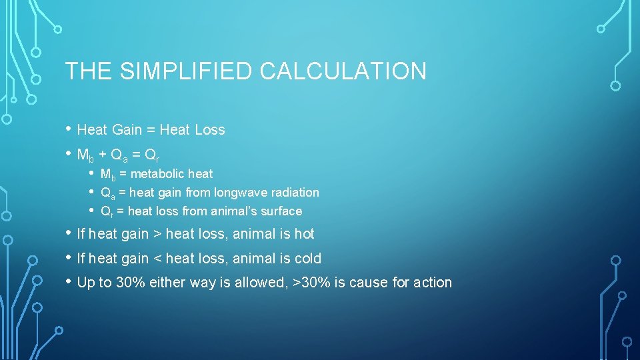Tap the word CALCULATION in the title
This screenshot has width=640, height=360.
pos(343,71)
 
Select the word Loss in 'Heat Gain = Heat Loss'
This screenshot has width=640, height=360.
pos(210,130)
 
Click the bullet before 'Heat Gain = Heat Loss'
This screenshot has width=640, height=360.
pos(69,129)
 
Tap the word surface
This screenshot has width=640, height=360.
pos(281,211)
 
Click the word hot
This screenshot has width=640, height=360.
pos(304,234)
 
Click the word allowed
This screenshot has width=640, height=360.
pos(262,283)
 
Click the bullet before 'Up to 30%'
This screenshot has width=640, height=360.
pos(69,281)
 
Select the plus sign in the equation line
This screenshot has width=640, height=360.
pos(103,155)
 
